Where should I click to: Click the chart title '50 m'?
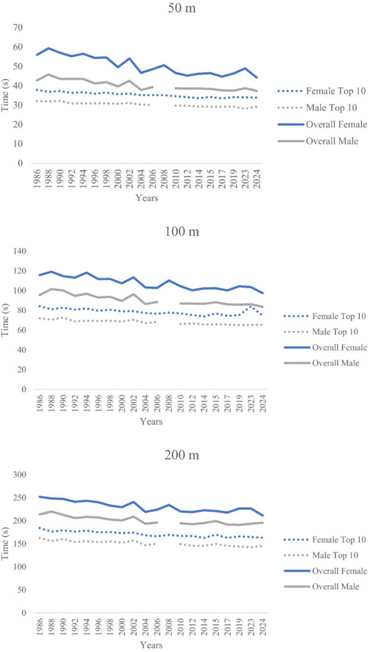(x=182, y=8)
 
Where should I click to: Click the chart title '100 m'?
(x=182, y=231)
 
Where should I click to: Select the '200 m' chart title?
(x=182, y=455)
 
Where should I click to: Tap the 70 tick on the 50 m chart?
(x=18, y=28)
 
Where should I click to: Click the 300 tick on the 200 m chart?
(x=19, y=475)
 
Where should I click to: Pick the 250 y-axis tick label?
(x=19, y=498)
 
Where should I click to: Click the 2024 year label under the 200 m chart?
(x=263, y=626)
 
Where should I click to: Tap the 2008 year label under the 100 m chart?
(x=169, y=403)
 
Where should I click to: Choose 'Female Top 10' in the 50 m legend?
(x=336, y=91)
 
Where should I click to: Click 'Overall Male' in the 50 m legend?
(x=332, y=141)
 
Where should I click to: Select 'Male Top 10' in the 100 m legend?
(x=335, y=332)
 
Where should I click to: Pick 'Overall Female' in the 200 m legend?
(x=339, y=571)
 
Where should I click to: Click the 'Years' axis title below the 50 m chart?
(x=147, y=198)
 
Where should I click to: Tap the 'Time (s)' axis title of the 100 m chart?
(x=5, y=320)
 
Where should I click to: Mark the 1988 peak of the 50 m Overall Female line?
(x=49, y=48)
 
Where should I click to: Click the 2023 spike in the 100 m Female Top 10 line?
(x=251, y=306)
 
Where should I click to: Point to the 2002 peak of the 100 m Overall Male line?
(x=133, y=294)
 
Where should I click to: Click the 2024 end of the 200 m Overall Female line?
(x=263, y=515)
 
